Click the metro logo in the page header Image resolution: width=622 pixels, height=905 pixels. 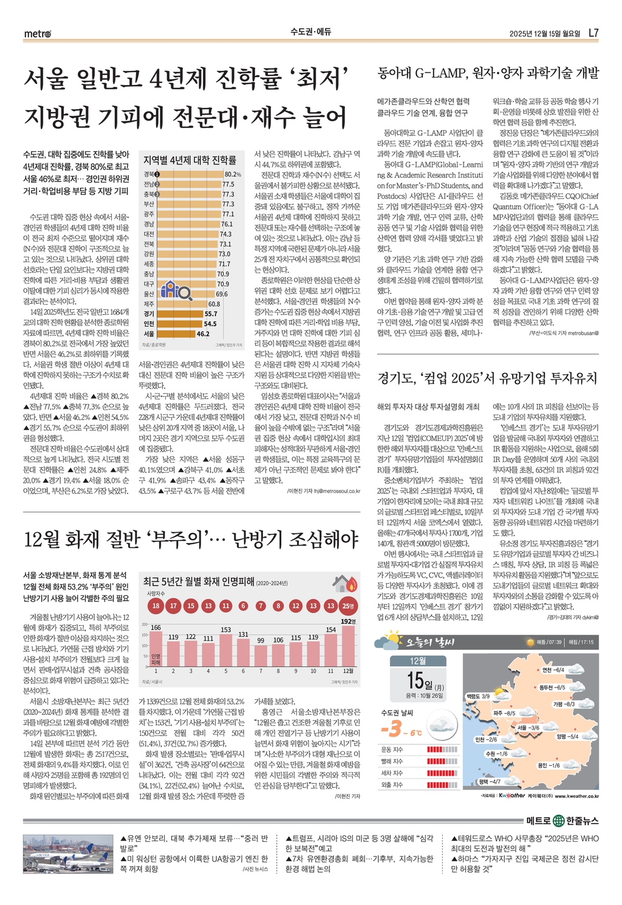37,33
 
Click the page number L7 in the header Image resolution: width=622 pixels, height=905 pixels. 593,33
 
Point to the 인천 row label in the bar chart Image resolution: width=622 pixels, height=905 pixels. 149,324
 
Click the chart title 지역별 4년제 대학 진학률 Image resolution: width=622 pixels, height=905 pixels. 190,160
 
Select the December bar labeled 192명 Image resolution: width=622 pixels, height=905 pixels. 348,645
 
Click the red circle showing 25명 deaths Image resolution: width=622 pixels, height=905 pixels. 348,606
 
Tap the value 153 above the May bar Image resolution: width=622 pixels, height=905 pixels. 226,630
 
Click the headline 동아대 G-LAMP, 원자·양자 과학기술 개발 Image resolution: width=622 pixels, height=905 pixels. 488,73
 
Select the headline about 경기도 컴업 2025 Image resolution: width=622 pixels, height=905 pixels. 488,378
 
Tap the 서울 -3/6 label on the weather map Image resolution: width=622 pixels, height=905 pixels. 528,727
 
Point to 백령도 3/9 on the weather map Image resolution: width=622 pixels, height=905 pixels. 478,696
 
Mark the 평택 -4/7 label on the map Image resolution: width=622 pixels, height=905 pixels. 489,781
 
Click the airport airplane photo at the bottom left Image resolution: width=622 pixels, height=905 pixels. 67,855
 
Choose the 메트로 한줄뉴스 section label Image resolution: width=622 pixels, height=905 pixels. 562,821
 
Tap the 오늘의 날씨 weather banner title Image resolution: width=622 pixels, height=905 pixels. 431,642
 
